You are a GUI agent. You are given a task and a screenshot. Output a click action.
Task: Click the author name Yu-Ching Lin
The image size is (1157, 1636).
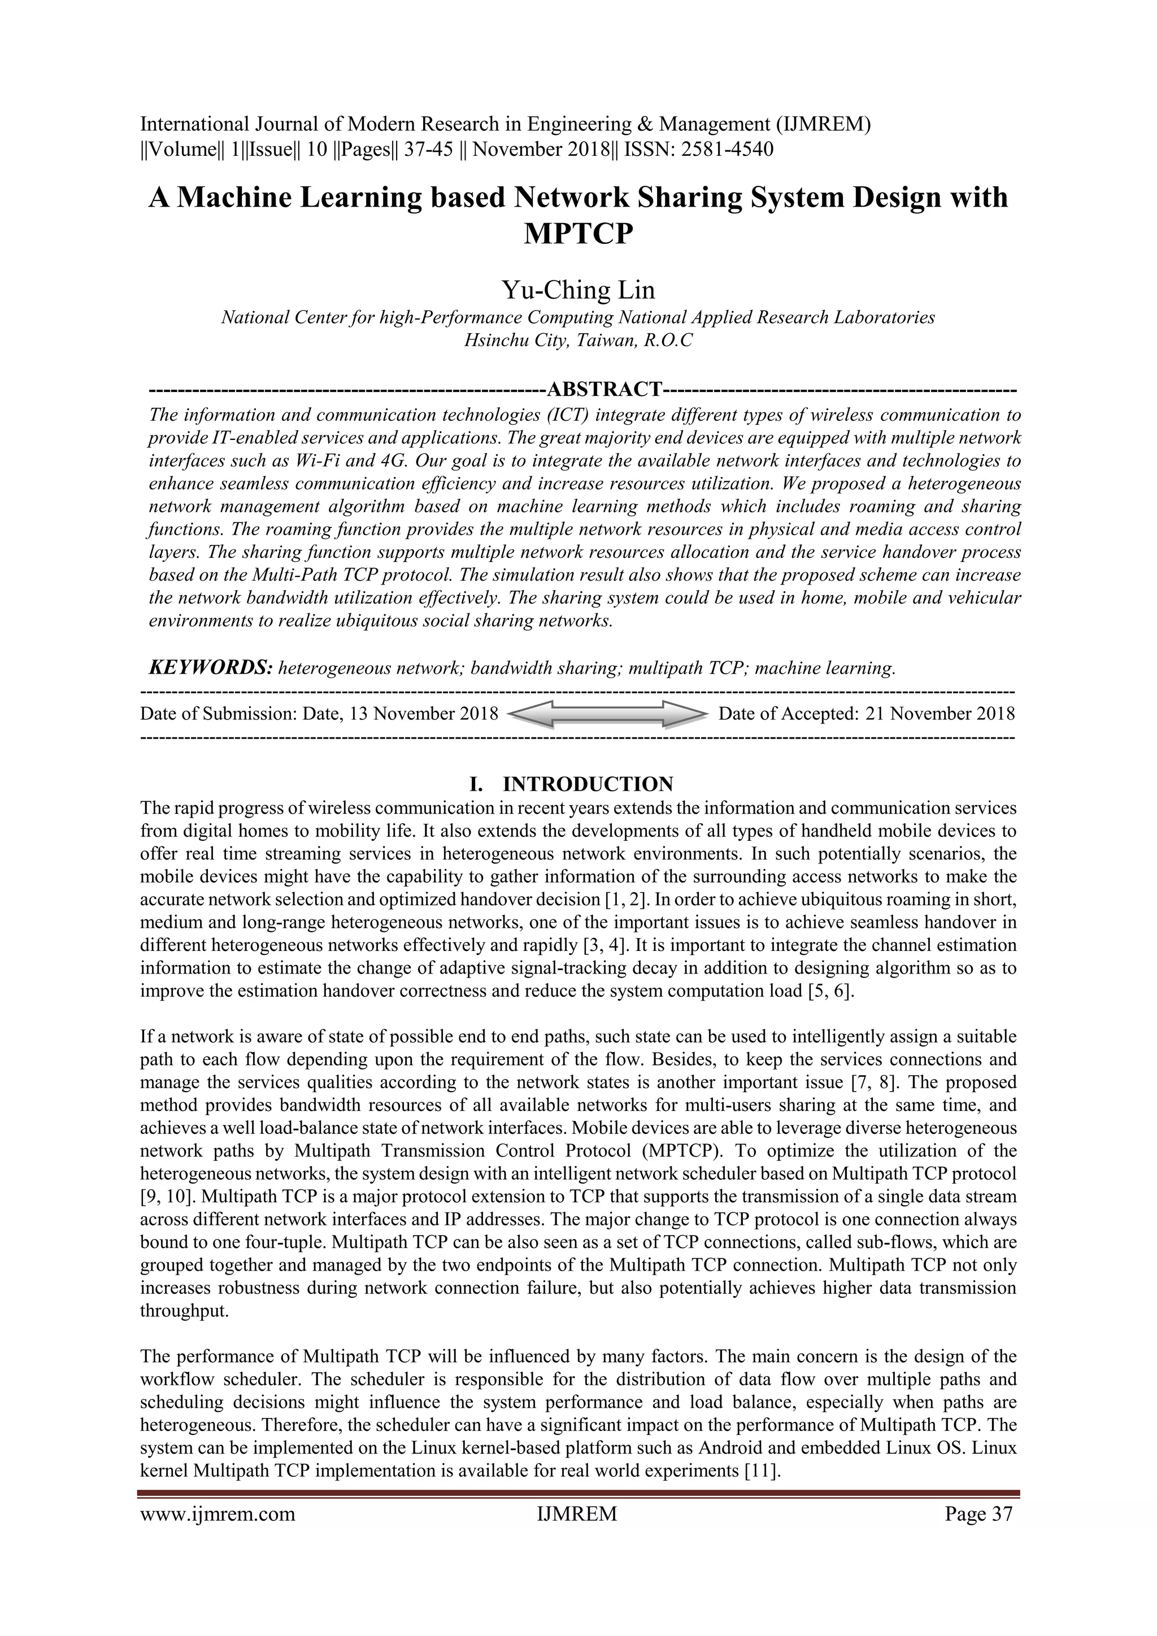coord(577,290)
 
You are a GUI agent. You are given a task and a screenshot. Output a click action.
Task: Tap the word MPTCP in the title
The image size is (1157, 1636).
coord(577,233)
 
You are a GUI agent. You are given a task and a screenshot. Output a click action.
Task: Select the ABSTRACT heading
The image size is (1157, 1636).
coord(604,390)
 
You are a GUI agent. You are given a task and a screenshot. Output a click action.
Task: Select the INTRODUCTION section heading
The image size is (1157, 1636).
coord(588,784)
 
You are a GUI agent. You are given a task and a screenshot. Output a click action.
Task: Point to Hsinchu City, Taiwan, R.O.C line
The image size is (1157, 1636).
coord(577,341)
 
